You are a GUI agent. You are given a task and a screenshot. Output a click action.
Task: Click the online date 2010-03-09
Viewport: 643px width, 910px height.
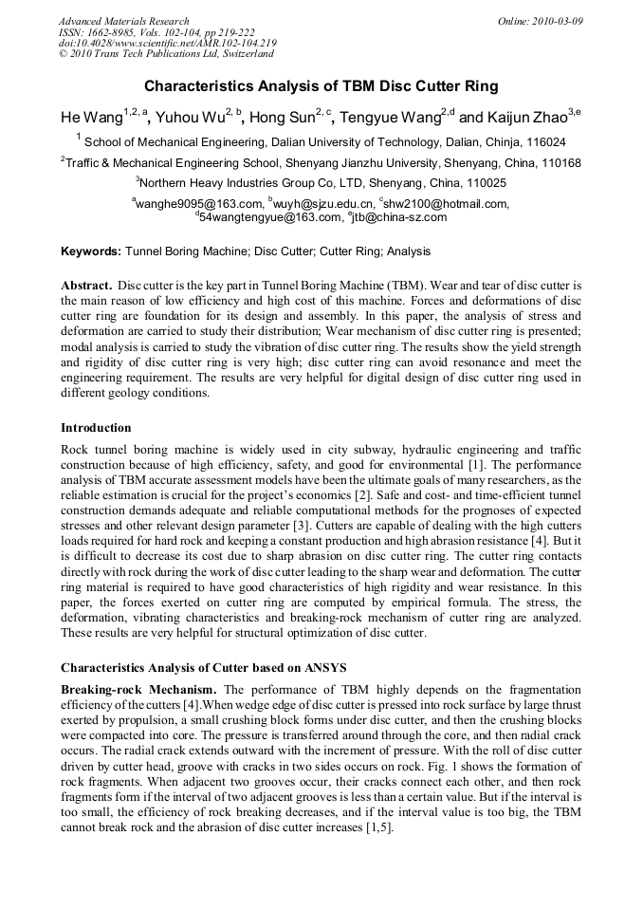coord(557,21)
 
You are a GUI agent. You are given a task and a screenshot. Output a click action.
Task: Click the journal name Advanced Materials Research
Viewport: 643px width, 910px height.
coord(123,21)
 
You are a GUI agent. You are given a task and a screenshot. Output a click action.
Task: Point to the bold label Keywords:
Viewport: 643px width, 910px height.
coord(91,252)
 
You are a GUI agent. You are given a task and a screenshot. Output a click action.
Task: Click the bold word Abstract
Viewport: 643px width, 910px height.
coord(86,286)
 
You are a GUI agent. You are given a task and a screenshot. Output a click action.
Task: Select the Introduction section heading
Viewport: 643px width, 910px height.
coord(96,428)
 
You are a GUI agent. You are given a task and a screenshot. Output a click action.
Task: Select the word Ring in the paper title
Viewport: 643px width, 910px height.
coord(481,86)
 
